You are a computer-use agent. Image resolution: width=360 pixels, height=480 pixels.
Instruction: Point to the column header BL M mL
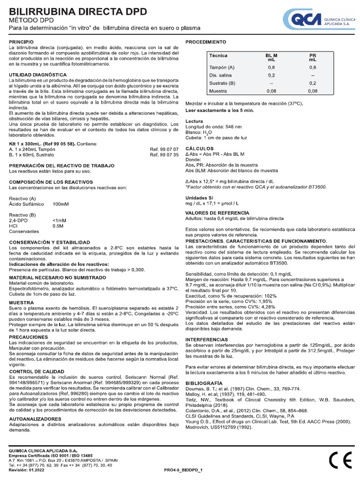tap(271, 58)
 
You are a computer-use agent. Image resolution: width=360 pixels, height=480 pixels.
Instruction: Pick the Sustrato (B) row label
tap(222, 83)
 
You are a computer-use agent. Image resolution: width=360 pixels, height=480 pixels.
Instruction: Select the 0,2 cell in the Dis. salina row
tap(271, 75)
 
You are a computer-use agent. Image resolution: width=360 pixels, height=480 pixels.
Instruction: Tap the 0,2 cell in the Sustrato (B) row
tap(313, 83)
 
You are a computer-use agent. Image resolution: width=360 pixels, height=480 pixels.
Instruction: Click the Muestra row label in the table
tap(218, 91)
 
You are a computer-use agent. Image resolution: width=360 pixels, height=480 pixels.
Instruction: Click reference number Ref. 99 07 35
tap(164, 154)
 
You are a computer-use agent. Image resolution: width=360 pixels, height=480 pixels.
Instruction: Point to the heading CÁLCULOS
tap(200, 148)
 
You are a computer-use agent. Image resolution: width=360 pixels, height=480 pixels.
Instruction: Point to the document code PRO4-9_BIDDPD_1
tap(183, 469)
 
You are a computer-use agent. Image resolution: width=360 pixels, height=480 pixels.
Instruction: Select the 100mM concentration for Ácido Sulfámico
tap(61, 204)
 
